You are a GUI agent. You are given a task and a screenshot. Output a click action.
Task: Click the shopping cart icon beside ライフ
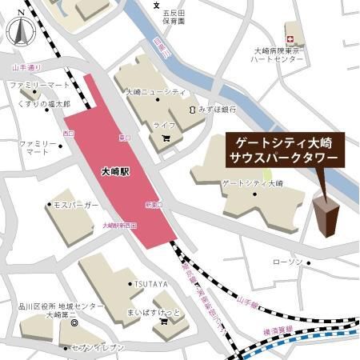point(166,138)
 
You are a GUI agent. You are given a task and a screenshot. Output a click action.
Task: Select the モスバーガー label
point(76,206)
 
